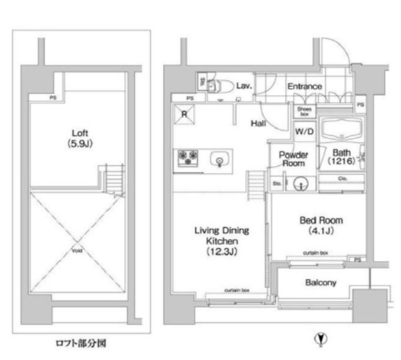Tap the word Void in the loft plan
(x=78, y=251)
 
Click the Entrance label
(x=304, y=86)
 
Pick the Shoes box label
(x=304, y=111)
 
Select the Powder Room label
(x=293, y=159)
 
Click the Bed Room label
(x=321, y=225)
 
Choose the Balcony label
(x=320, y=283)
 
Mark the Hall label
(x=258, y=124)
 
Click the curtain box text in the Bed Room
(x=316, y=252)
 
